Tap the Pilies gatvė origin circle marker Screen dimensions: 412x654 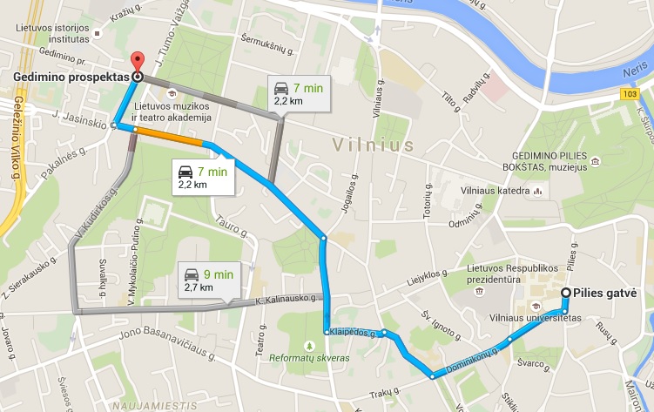[x=567, y=293]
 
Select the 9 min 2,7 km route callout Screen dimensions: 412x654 [x=208, y=280]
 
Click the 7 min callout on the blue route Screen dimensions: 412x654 [x=201, y=177]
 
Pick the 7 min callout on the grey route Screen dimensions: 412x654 [x=298, y=94]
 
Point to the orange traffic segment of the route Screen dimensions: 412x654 [x=170, y=136]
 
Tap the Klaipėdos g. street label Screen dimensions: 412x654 [x=352, y=333]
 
